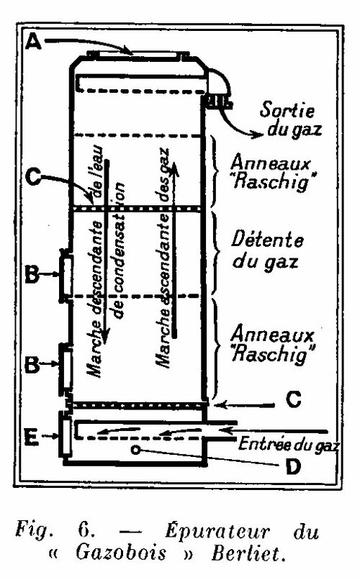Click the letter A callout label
tap(33, 42)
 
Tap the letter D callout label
tap(292, 467)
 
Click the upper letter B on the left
tap(32, 274)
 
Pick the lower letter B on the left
tap(32, 364)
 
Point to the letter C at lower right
tap(294, 400)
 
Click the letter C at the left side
tap(34, 178)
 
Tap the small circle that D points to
tap(136, 450)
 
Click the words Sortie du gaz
tap(291, 119)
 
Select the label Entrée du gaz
tap(288, 443)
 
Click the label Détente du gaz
tap(267, 251)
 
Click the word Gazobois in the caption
tap(121, 553)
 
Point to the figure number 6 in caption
tap(84, 531)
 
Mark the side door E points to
tap(66, 437)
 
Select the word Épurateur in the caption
tap(217, 531)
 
